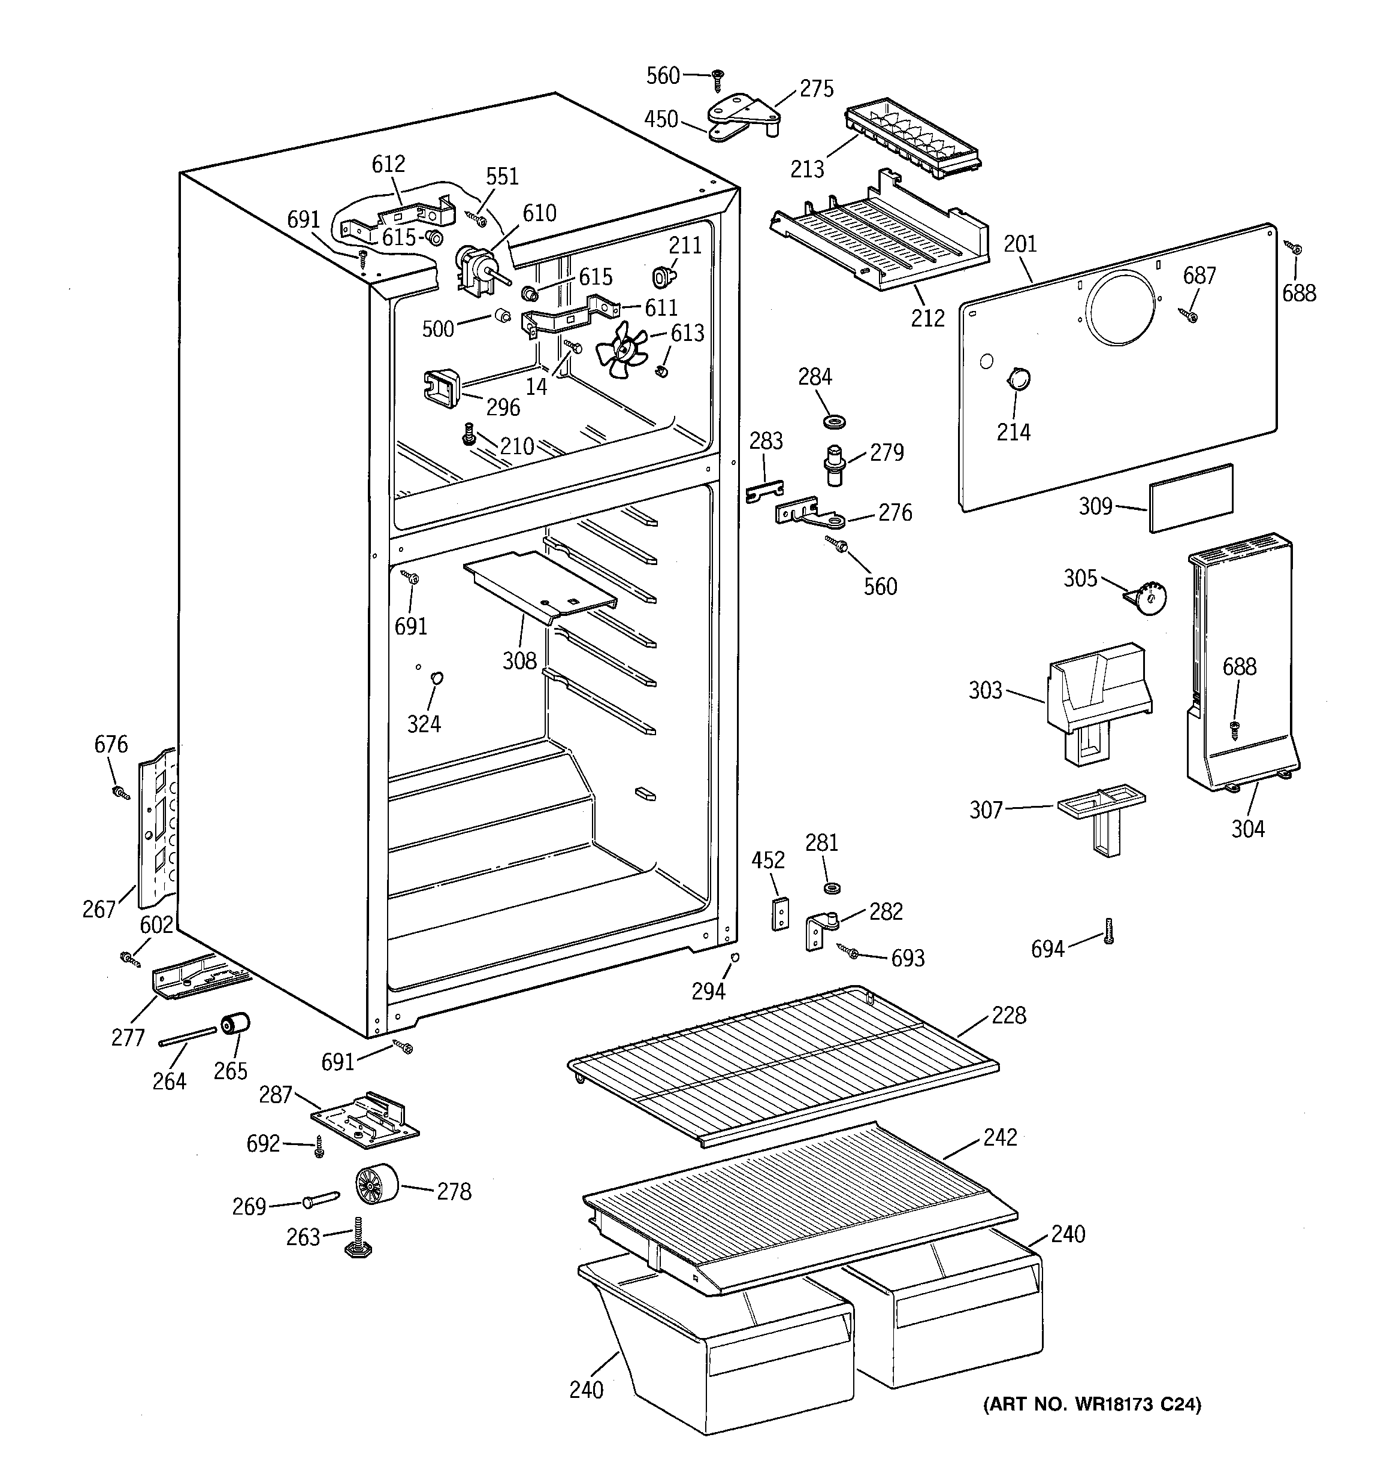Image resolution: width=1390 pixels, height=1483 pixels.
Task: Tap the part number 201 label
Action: pos(1020,244)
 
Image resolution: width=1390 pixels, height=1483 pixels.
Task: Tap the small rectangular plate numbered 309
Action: pos(1192,497)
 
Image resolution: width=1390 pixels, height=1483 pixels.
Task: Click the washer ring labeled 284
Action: pos(834,423)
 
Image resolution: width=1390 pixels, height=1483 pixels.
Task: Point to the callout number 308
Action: pos(519,660)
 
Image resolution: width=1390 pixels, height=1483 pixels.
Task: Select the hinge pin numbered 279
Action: pos(834,463)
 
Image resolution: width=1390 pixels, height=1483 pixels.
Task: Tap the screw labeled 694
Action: pos(1109,931)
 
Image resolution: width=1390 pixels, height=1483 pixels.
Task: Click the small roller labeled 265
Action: pos(235,1025)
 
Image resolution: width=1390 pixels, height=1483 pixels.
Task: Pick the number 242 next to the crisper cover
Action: pos(1001,1137)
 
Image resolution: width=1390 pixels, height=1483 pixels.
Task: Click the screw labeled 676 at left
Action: pos(119,792)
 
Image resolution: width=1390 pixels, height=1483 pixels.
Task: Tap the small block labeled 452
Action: pos(779,913)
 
